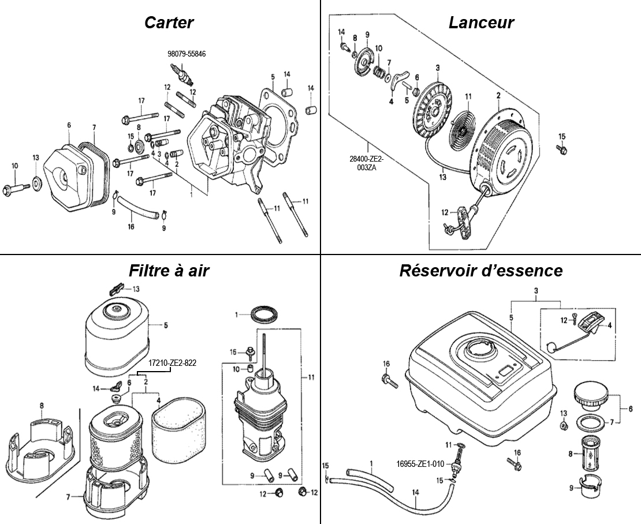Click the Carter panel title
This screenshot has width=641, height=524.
pyautogui.click(x=169, y=23)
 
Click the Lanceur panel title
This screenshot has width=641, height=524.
pyautogui.click(x=481, y=23)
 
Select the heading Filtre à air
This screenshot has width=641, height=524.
pyautogui.click(x=169, y=270)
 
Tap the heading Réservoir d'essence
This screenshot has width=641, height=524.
pyautogui.click(x=481, y=270)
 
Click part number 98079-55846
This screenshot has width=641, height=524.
pyautogui.click(x=187, y=54)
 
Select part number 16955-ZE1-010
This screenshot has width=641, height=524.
pyautogui.click(x=420, y=463)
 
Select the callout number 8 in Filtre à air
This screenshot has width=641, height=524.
pyautogui.click(x=42, y=406)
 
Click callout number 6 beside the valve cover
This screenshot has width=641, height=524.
pyautogui.click(x=69, y=125)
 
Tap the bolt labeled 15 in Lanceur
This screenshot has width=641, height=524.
pyautogui.click(x=560, y=149)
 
